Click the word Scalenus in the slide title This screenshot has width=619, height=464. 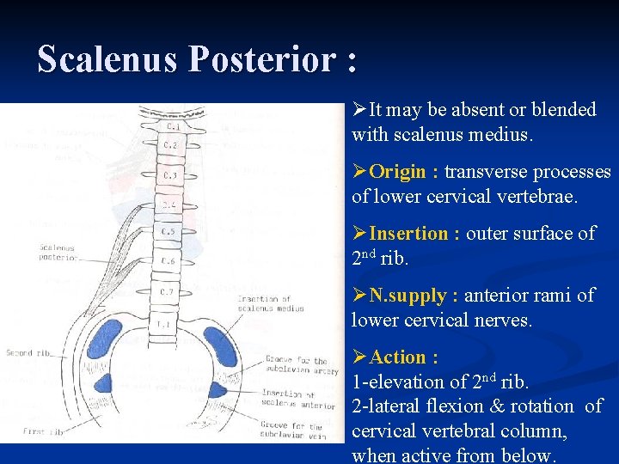pyautogui.click(x=108, y=60)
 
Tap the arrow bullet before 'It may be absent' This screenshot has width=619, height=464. pyautogui.click(x=359, y=110)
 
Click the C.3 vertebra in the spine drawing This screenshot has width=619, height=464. pyautogui.click(x=170, y=176)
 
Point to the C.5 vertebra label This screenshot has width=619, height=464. pyautogui.click(x=169, y=232)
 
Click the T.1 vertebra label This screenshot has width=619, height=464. pyautogui.click(x=163, y=324)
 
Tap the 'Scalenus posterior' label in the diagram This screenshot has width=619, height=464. pyautogui.click(x=58, y=253)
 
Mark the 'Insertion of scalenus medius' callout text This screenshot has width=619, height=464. pyautogui.click(x=264, y=303)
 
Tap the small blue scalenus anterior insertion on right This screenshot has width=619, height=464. pyautogui.click(x=217, y=389)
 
